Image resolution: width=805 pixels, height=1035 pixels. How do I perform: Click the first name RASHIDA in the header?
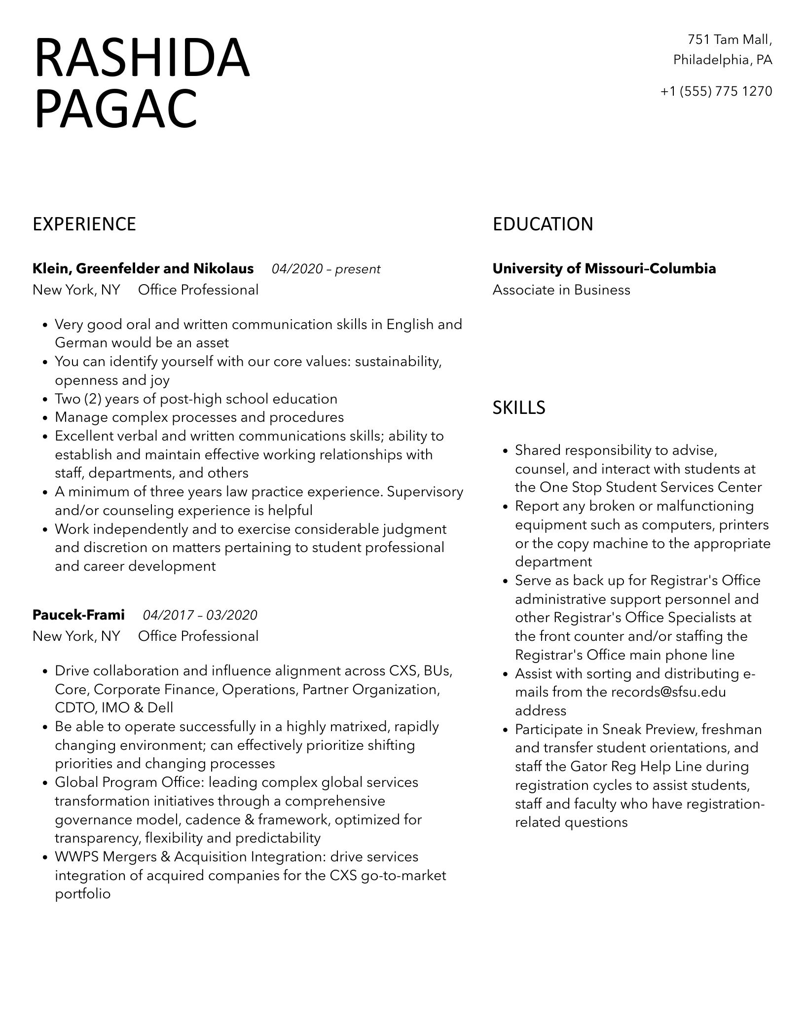coord(142,59)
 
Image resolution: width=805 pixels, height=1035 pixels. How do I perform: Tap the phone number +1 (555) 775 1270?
coord(716,91)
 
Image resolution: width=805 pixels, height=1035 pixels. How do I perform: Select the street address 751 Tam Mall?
coord(730,39)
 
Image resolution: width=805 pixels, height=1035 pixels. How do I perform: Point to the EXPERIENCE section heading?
coord(84,224)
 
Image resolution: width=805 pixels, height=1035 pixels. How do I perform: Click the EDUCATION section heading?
coord(543,224)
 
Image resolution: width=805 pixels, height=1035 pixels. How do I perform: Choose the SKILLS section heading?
coord(519,407)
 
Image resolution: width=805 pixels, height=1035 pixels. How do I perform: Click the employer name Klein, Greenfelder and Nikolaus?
coord(143,269)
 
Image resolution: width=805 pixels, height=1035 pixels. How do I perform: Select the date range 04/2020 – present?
coord(326,269)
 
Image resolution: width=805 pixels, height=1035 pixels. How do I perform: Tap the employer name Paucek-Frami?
coord(78,615)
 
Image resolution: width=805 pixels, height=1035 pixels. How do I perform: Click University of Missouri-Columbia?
coord(604,269)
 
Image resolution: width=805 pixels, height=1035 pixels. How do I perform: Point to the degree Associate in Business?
coord(561,290)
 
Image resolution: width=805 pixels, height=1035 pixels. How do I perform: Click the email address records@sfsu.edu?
coord(668,692)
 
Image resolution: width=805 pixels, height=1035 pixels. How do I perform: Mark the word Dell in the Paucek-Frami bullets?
coord(160,708)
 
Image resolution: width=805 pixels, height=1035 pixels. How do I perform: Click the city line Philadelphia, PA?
coord(723,60)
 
